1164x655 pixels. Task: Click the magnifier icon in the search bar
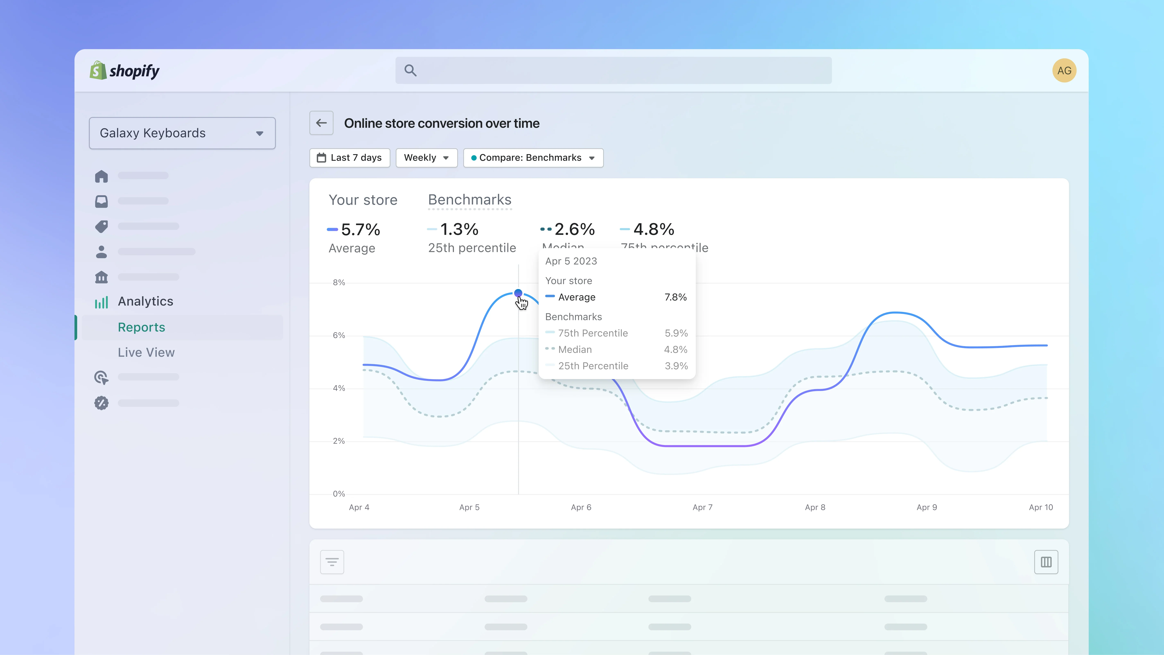tap(410, 71)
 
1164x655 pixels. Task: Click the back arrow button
tap(321, 123)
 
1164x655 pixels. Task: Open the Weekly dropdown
tap(426, 158)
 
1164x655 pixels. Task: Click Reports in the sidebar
tap(141, 327)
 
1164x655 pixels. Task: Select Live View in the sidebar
tap(146, 353)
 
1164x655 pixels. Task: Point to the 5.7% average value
tap(360, 230)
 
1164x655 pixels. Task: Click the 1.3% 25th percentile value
tap(459, 230)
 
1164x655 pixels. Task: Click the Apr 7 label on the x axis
tap(702, 507)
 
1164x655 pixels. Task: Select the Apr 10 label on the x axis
tap(1041, 507)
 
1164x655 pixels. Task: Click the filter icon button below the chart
tap(332, 562)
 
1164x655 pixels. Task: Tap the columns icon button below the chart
tap(1046, 562)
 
